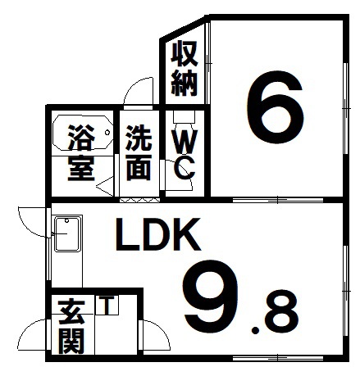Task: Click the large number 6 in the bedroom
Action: pos(276,107)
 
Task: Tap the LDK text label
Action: pos(157,235)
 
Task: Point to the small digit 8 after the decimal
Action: pos(280,312)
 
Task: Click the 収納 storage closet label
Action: pos(185,68)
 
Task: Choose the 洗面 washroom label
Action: pos(139,153)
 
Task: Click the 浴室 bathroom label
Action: pos(81,153)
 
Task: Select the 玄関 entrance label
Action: pos(71,327)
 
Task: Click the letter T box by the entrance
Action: pos(107,305)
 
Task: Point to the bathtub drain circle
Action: pos(107,133)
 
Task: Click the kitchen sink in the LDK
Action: pos(68,234)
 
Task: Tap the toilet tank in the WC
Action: pos(184,116)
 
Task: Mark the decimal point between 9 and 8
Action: pos(256,331)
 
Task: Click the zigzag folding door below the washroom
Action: pos(139,201)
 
